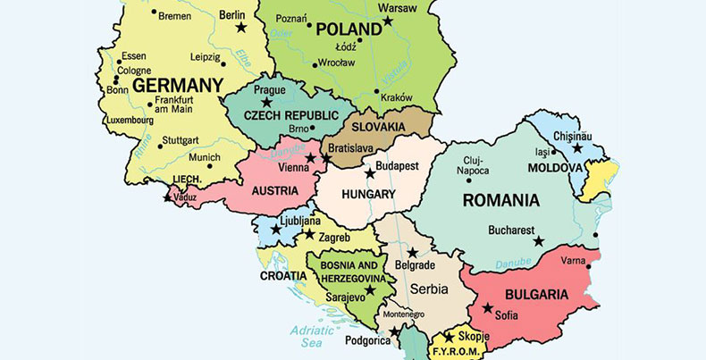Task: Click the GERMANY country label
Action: pyautogui.click(x=177, y=86)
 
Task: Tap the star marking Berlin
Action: pyautogui.click(x=240, y=29)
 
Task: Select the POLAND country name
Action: pyautogui.click(x=348, y=29)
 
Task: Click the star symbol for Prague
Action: pyautogui.click(x=265, y=104)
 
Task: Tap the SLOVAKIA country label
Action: pyautogui.click(x=391, y=127)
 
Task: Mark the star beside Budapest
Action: pyautogui.click(x=369, y=173)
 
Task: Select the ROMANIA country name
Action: pyautogui.click(x=500, y=200)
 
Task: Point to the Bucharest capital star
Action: pyautogui.click(x=538, y=241)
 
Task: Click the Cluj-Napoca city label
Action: pyautogui.click(x=472, y=164)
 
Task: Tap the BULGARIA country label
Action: pyautogui.click(x=535, y=294)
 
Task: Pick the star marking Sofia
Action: pyautogui.click(x=487, y=308)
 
